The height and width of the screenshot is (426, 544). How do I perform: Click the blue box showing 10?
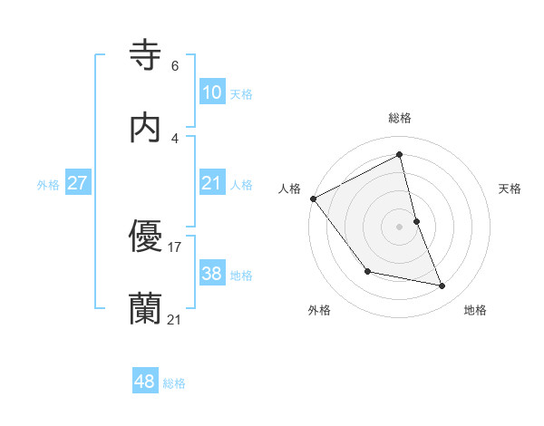[211, 92]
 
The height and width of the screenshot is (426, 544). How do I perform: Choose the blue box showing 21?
[211, 182]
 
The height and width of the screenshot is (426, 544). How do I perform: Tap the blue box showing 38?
[211, 273]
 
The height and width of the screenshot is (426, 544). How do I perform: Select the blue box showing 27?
[77, 182]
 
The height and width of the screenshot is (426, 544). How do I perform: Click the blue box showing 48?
[144, 382]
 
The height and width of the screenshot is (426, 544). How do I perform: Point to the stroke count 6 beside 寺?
[175, 66]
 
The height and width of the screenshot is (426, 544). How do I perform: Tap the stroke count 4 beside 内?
[175, 139]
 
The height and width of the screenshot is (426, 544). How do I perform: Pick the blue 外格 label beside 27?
[48, 184]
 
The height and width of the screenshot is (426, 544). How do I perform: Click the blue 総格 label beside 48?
[174, 383]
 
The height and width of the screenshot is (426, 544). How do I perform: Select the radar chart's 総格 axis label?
[400, 118]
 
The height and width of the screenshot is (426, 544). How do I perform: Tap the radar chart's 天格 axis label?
[510, 189]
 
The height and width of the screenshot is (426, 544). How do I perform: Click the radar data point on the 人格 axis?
[313, 198]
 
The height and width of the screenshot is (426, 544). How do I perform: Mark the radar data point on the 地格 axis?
[442, 286]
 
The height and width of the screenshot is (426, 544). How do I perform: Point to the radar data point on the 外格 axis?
[367, 271]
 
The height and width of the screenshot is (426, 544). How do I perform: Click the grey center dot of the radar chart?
[400, 227]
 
